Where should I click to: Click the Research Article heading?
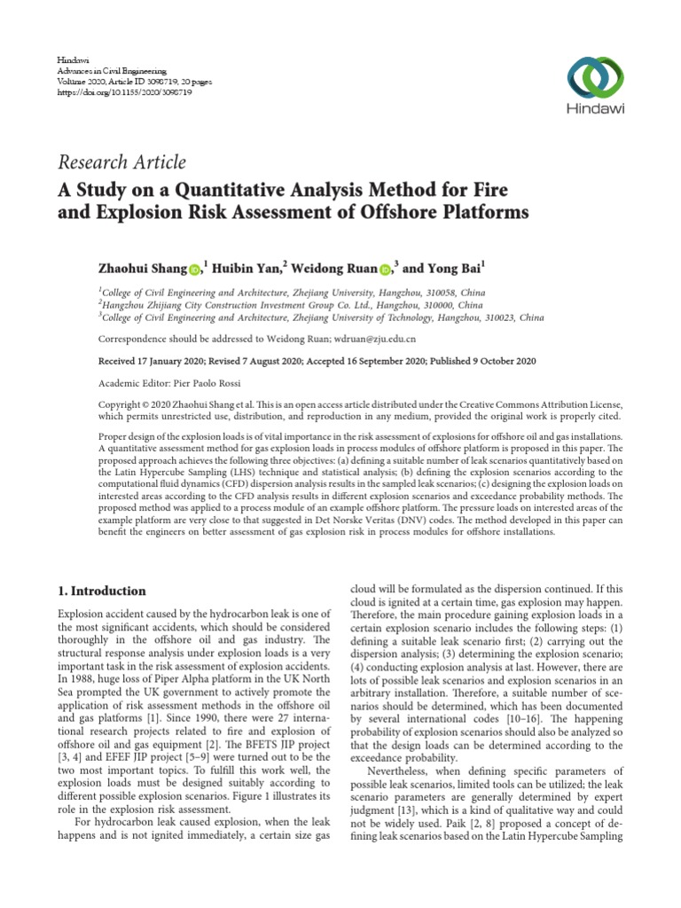point(121,161)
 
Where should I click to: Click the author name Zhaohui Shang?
point(144,268)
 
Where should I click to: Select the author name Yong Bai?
point(452,268)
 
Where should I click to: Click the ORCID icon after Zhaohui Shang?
point(194,269)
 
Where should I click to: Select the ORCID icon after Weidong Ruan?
point(385,269)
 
